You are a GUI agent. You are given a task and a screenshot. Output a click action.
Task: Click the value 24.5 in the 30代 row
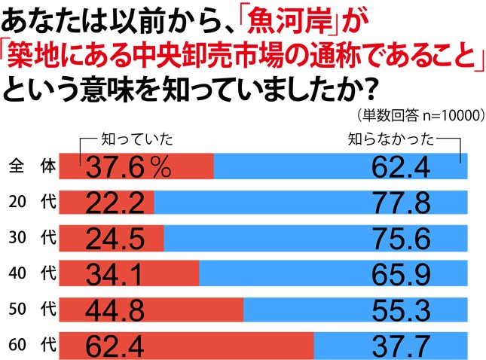click(x=115, y=239)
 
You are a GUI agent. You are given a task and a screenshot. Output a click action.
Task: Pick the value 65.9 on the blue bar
click(x=400, y=274)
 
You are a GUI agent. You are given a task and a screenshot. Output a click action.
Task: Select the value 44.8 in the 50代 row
click(x=115, y=310)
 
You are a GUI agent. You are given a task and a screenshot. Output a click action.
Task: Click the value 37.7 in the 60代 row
click(x=400, y=346)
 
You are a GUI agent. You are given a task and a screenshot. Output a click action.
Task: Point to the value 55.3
click(x=400, y=310)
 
